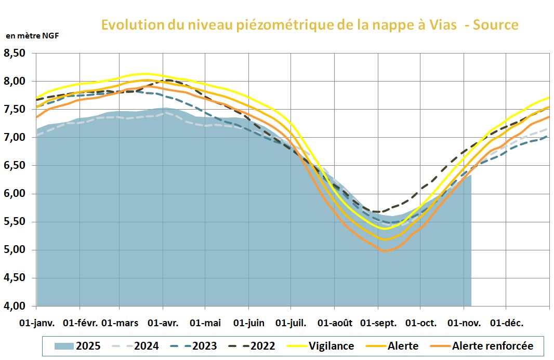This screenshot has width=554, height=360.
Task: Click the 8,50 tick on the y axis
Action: point(15,53)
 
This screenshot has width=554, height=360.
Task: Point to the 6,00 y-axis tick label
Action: point(15,193)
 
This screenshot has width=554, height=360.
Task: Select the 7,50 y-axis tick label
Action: point(15,109)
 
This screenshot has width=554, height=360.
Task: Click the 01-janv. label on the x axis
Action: point(36,323)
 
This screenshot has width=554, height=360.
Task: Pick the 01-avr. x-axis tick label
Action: point(164,323)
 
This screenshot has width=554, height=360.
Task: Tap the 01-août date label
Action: point(335,323)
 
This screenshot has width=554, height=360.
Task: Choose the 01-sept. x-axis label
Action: point(378,323)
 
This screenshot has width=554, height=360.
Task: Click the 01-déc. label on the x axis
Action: point(506,323)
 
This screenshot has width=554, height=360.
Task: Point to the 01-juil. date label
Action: point(292,323)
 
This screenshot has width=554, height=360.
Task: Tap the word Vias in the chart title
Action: point(438,24)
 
